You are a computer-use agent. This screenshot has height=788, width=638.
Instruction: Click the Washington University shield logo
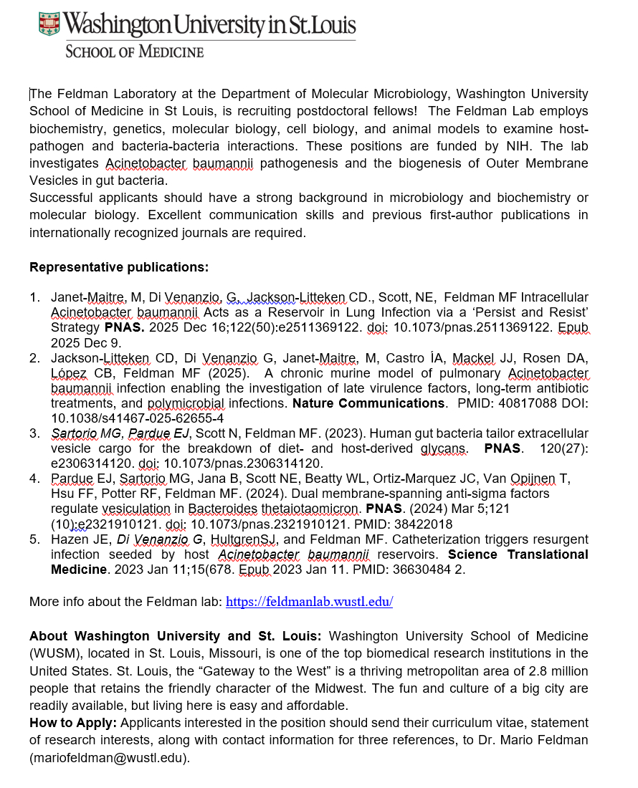49,24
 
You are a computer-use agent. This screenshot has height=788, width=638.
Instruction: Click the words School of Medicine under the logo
134,52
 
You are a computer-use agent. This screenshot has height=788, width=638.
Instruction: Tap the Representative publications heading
119,267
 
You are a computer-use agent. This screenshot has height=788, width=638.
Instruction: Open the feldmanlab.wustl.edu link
309,602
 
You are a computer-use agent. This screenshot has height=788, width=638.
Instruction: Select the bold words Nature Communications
368,403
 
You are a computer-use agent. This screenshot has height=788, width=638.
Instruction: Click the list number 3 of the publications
34,433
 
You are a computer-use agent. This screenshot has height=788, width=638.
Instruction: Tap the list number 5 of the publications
34,539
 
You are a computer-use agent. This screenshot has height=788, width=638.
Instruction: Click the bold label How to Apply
69,724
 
